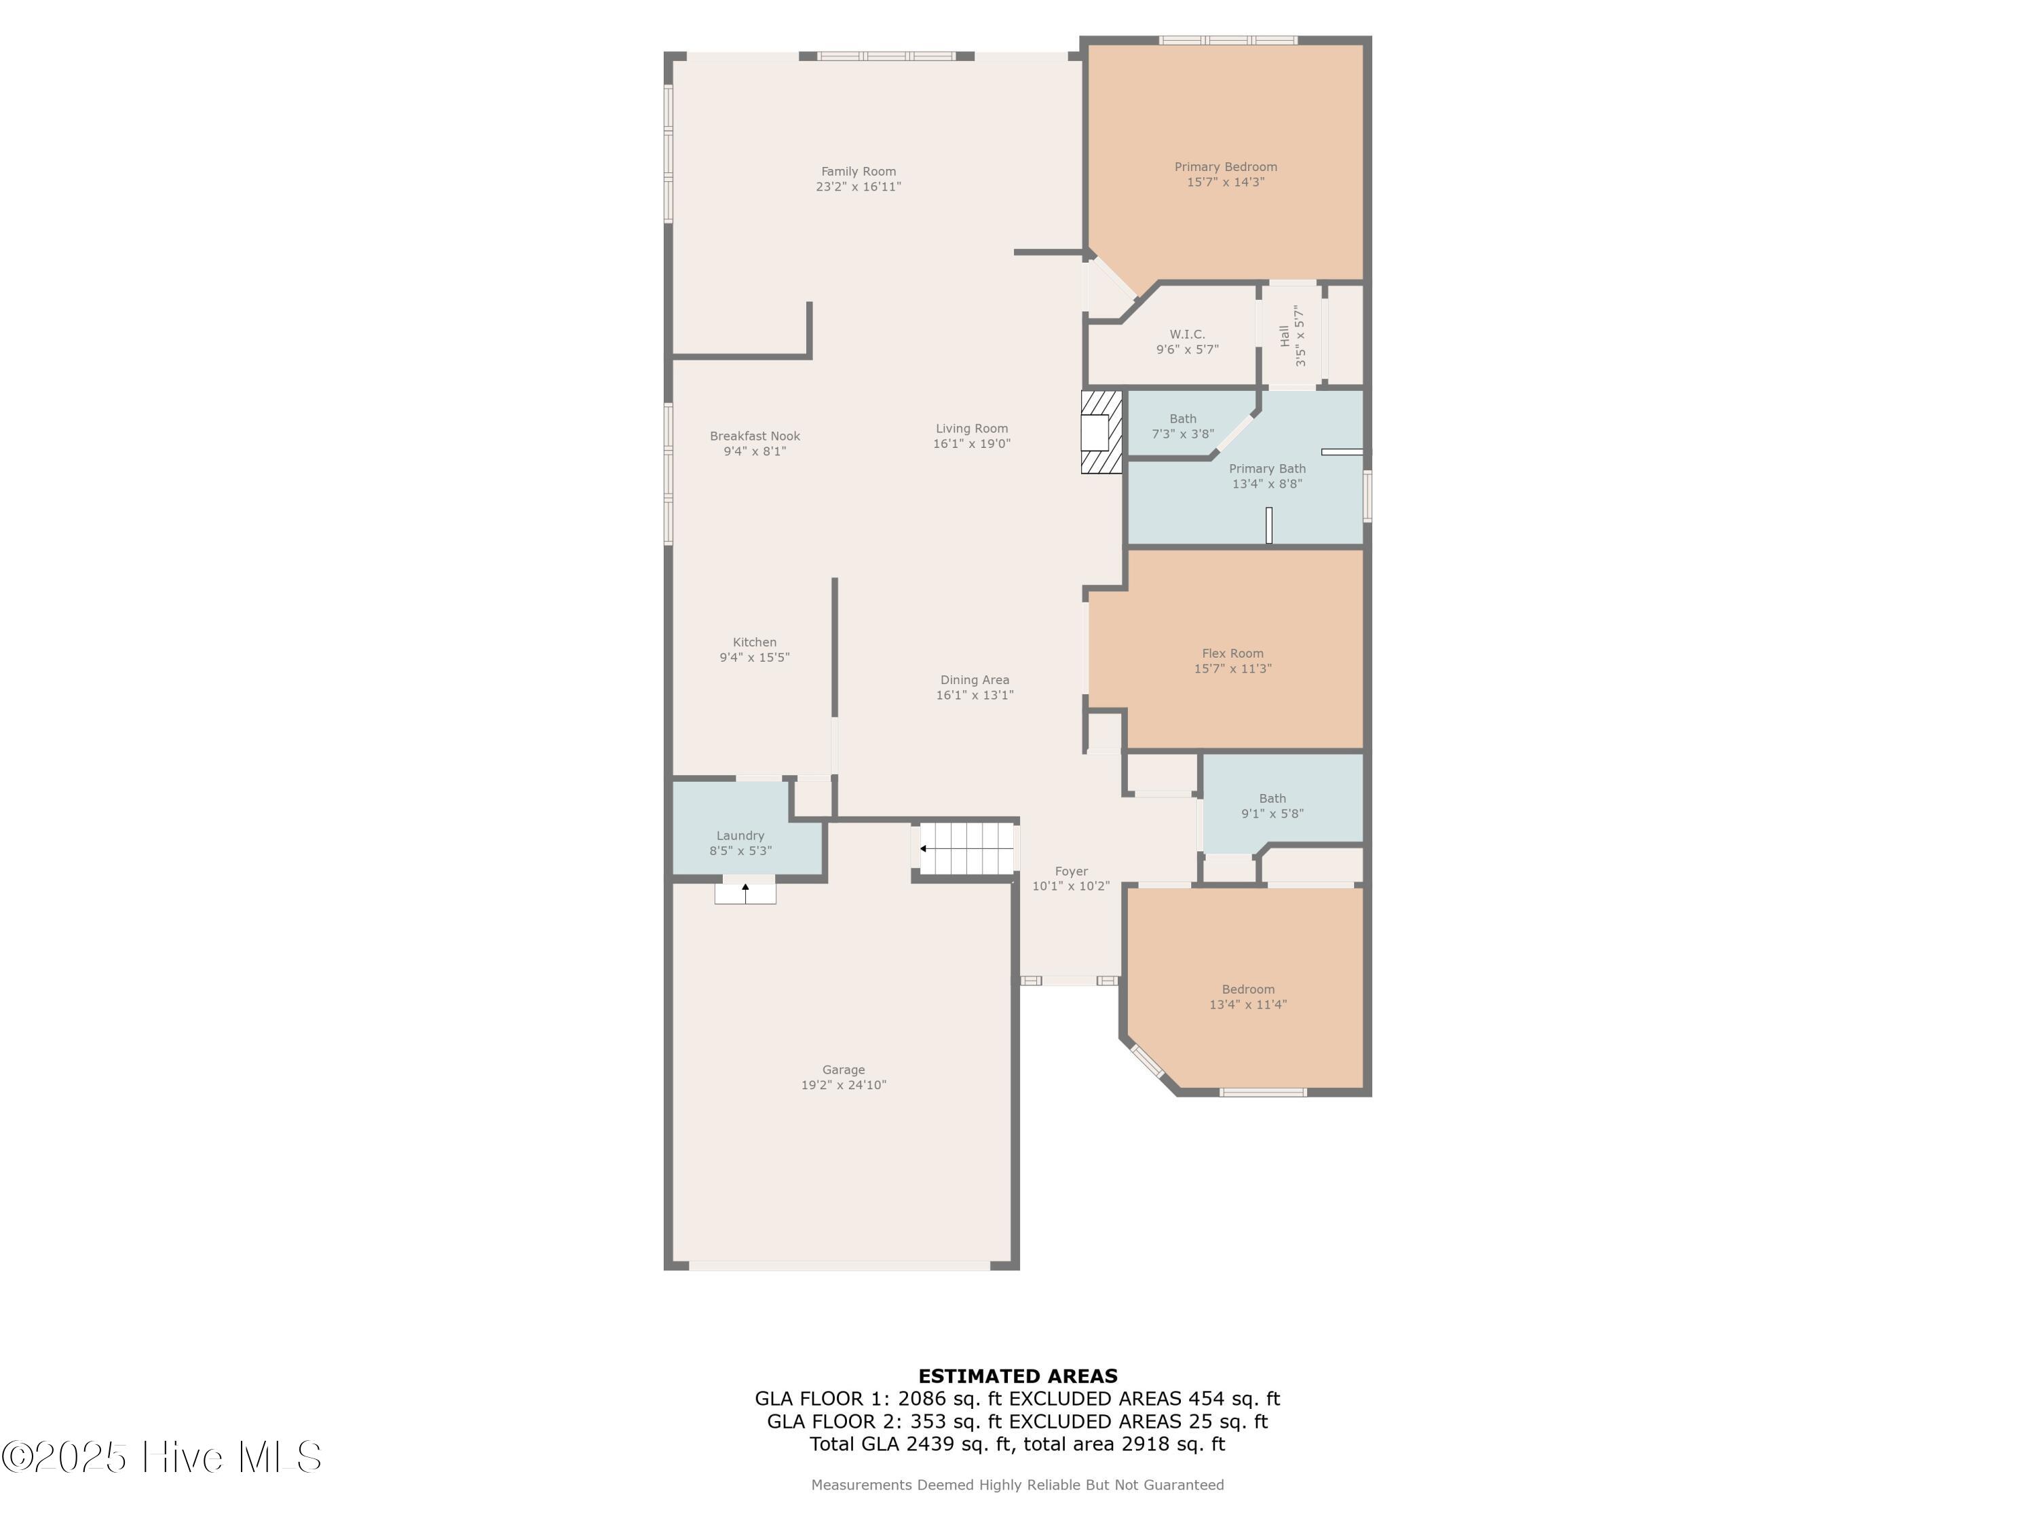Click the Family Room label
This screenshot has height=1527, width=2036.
click(x=858, y=171)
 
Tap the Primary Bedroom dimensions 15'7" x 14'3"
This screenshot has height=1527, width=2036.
click(x=1225, y=183)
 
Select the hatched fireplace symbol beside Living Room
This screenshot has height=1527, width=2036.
click(x=1101, y=432)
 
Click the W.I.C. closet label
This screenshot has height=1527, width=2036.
click(x=1186, y=334)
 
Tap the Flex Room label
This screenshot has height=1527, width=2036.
click(x=1232, y=654)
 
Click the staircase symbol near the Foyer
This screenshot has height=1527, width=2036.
click(x=966, y=848)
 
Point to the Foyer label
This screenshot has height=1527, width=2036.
click(x=1070, y=871)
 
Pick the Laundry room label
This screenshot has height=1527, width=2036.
click(x=740, y=835)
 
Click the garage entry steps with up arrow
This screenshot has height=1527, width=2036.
click(x=744, y=893)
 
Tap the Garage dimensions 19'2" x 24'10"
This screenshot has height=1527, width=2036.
click(x=843, y=1085)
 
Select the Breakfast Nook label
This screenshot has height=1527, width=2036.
click(x=755, y=436)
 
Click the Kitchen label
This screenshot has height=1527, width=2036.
click(x=754, y=643)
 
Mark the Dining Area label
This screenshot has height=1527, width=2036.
click(x=974, y=680)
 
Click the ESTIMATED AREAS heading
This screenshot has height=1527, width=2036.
click(x=1017, y=1376)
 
